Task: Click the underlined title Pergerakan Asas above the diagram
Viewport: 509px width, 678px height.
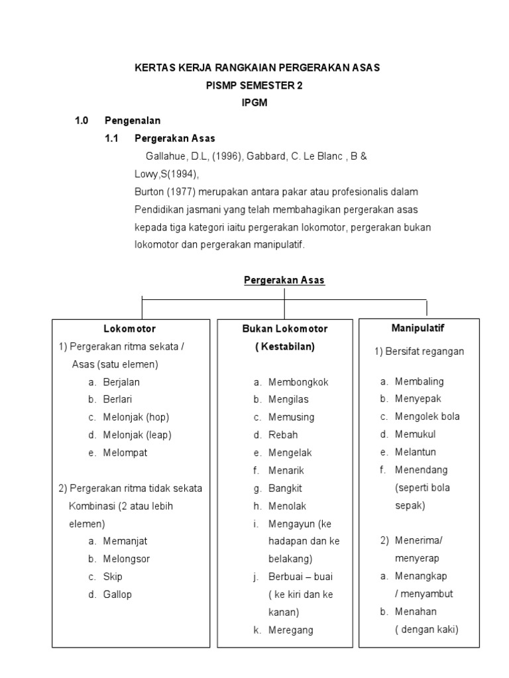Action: (284, 280)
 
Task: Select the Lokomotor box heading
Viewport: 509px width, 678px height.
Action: (130, 328)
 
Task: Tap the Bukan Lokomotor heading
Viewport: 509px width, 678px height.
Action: (284, 328)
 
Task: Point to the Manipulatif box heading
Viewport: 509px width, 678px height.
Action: (418, 328)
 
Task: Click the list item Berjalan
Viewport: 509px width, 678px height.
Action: (121, 382)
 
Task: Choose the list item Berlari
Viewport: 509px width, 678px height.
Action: (118, 400)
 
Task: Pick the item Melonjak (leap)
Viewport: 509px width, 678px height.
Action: (136, 435)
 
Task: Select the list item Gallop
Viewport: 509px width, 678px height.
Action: (117, 595)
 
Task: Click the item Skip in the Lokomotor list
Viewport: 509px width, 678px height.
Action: (113, 577)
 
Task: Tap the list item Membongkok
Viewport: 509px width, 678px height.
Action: (298, 382)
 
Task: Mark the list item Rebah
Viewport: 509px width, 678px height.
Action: (283, 435)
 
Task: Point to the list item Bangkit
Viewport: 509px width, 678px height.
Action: (285, 488)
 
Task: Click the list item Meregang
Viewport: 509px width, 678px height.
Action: (290, 630)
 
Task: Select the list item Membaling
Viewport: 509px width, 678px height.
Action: (419, 381)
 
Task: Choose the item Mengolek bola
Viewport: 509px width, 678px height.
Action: (427, 416)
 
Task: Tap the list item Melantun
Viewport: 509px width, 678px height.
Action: (415, 452)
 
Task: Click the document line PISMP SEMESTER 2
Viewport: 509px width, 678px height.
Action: (254, 85)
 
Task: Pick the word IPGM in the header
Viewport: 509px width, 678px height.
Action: (254, 103)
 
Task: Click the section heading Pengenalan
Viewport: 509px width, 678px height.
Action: (133, 121)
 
